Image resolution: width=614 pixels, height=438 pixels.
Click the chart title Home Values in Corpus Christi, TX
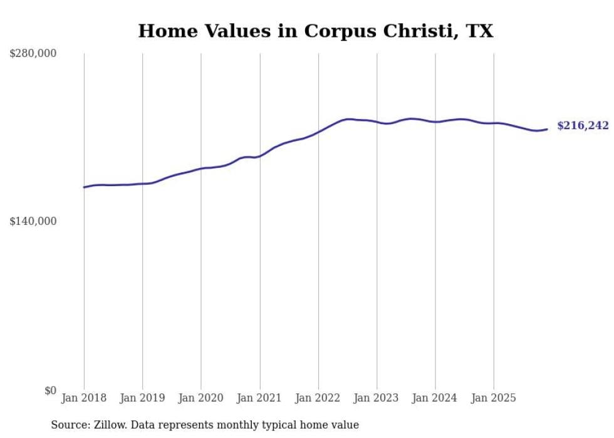coord(315,31)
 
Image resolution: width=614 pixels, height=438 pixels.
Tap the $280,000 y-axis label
coord(33,54)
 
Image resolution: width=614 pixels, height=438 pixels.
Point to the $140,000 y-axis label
coord(33,221)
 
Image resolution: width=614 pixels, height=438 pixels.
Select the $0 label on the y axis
coord(50,390)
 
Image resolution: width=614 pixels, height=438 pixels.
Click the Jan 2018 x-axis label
coord(84,398)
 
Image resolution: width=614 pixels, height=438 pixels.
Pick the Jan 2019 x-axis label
coord(143,398)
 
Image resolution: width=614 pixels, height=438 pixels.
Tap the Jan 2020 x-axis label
coord(201,398)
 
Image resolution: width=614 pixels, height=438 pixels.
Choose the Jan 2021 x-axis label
coord(260,398)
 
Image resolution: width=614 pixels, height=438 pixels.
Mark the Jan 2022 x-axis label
coord(318,398)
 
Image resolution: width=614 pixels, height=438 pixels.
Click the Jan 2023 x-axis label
coord(377,398)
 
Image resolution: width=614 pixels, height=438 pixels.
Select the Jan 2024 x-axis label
coord(435,398)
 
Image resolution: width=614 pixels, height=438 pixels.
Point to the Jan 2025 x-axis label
coord(494,398)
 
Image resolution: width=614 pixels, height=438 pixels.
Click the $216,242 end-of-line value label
coord(583,126)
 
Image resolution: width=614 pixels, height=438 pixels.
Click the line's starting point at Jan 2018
coord(84,187)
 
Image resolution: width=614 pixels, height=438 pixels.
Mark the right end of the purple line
coord(547,129)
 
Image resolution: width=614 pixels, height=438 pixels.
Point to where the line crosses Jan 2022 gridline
coord(318,132)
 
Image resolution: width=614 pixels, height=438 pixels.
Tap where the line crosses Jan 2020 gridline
coord(201,169)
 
